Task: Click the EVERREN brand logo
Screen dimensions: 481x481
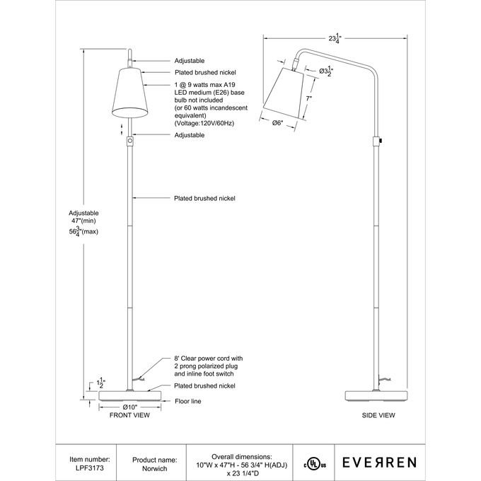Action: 379,463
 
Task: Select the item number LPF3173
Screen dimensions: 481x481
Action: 91,468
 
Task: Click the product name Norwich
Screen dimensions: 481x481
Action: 155,468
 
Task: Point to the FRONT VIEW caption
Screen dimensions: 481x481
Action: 129,415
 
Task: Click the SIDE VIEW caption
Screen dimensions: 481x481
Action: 378,415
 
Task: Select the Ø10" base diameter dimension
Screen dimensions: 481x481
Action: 129,407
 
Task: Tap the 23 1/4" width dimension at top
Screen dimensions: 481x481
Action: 335,38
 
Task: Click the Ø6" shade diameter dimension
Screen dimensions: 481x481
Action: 277,123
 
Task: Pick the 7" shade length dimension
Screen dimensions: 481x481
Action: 308,99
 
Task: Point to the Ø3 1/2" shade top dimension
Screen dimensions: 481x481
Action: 326,71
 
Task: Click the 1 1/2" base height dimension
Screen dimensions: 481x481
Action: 101,383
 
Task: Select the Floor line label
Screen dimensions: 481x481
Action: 188,401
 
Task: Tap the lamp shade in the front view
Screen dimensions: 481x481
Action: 129,93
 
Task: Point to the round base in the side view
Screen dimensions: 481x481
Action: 376,396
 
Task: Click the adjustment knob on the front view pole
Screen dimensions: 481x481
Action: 130,141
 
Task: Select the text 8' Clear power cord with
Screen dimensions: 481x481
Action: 208,359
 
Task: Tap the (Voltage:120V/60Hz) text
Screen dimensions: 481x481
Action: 204,123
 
